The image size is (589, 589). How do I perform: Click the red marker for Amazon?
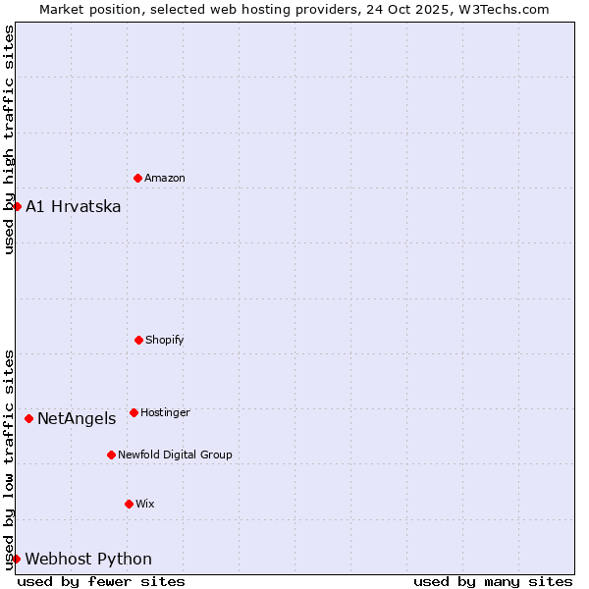click(137, 178)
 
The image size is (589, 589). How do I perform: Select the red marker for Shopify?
click(138, 340)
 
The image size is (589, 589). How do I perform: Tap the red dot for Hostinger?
click(134, 412)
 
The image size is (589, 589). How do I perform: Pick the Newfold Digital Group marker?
click(111, 455)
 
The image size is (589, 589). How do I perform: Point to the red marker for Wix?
click(129, 504)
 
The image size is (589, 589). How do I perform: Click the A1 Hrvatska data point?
click(17, 206)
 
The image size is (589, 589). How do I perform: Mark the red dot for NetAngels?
click(28, 418)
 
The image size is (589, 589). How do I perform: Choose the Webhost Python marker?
click(16, 559)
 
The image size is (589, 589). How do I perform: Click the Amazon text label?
click(165, 178)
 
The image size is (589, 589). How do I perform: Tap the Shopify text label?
click(165, 340)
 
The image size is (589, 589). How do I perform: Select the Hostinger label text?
click(165, 412)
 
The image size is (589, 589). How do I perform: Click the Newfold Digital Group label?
click(175, 455)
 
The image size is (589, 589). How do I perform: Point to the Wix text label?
click(145, 504)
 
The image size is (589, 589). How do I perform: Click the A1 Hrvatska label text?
click(74, 206)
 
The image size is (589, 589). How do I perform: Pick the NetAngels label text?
click(77, 418)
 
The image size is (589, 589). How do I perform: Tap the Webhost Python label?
click(88, 559)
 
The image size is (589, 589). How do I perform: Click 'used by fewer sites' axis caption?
click(101, 581)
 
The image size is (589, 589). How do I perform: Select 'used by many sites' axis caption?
click(493, 581)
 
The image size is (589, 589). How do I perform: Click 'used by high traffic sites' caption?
click(9, 139)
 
